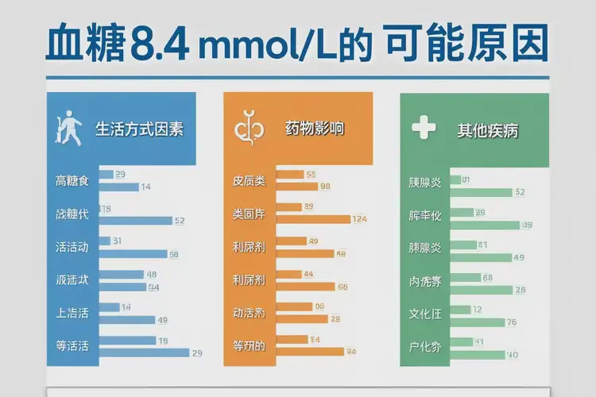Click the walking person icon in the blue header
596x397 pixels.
tap(68, 129)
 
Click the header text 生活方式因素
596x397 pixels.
tap(139, 129)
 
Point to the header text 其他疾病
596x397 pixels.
tap(488, 129)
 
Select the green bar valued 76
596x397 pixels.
tap(477, 322)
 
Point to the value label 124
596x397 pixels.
tap(359, 219)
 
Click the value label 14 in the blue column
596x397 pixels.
tap(145, 187)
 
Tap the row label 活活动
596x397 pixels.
tap(72, 247)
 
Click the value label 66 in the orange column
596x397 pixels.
tap(343, 287)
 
